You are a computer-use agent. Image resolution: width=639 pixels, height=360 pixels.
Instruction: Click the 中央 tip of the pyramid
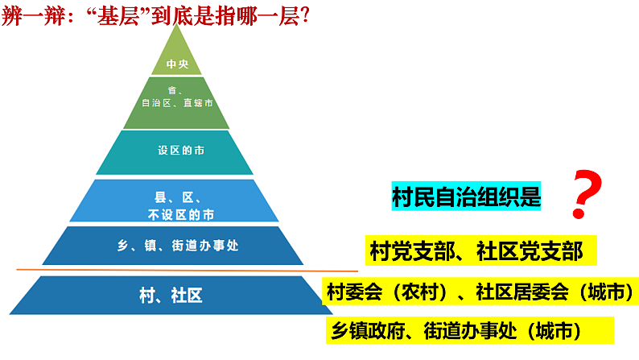[x=176, y=62]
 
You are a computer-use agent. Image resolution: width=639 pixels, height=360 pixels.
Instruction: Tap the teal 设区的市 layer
[x=175, y=151]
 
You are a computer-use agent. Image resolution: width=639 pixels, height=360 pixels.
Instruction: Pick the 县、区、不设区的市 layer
[x=175, y=201]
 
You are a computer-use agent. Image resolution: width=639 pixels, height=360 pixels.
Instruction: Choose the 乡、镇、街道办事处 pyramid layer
[x=176, y=246]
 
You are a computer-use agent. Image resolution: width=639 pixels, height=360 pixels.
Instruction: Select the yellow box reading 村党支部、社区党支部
[x=480, y=251]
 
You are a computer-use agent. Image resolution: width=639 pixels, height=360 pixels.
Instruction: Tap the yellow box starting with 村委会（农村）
[x=481, y=292]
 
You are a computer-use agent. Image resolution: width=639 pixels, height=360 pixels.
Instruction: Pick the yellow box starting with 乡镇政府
[x=467, y=329]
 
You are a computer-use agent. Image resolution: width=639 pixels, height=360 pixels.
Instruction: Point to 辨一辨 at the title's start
[x=30, y=15]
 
